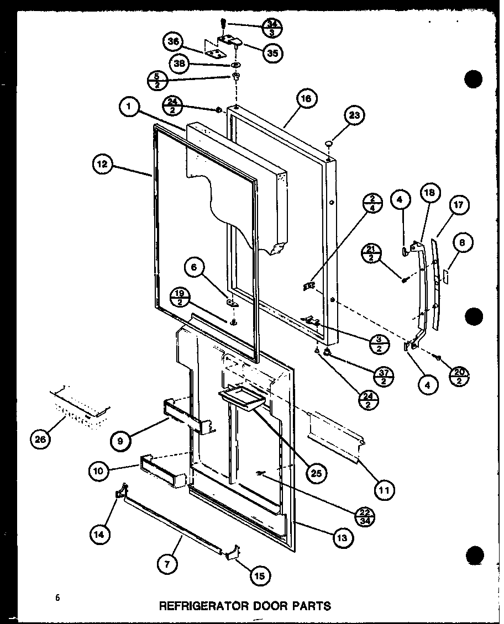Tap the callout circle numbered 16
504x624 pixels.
tap(306, 99)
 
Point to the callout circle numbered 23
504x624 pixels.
tap(354, 116)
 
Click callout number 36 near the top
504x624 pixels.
tap(174, 42)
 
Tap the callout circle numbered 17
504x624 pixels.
tap(458, 205)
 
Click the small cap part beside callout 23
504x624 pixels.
tap(330, 145)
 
